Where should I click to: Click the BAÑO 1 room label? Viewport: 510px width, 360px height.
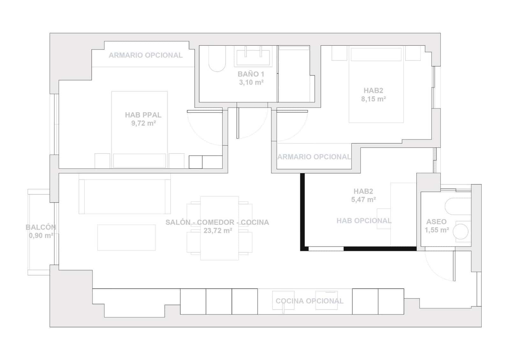point(251,74)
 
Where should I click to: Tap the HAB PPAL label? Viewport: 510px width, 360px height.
point(143,115)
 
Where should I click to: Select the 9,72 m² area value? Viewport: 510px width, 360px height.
point(143,123)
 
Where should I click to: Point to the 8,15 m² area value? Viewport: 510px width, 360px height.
point(374,99)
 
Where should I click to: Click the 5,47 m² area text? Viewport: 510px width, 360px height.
point(363,200)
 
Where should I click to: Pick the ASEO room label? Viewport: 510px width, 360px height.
point(436,222)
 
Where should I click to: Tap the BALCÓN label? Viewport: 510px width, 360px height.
point(41,227)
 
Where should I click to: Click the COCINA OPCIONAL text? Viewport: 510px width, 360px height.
point(310,301)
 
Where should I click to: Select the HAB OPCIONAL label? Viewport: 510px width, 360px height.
point(364,221)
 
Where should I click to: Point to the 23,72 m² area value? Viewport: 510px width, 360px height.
point(218,231)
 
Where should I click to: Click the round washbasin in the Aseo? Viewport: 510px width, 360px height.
point(461,231)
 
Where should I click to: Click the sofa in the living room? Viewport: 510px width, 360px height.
point(125,197)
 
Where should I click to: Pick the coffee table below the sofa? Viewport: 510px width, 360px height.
point(126,237)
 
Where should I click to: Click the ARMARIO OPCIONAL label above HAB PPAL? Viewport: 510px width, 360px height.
point(146,55)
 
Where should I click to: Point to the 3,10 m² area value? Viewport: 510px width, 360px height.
point(251,83)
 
